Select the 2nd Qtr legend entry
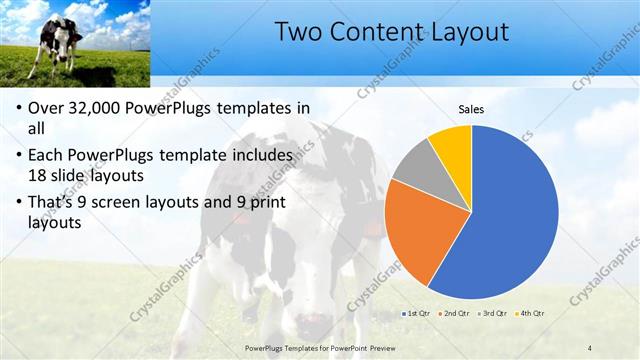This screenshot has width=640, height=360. pyautogui.click(x=456, y=314)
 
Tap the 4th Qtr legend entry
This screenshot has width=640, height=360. pyautogui.click(x=530, y=314)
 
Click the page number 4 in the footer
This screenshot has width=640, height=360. pyautogui.click(x=590, y=348)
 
